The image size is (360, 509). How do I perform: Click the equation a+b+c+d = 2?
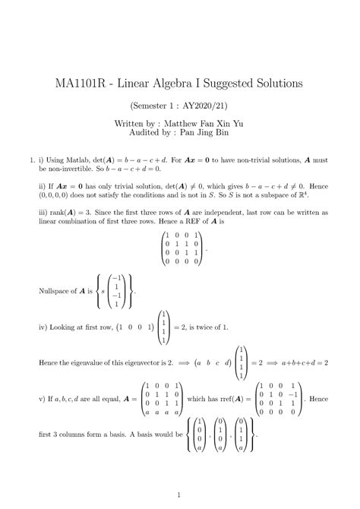tap(301, 363)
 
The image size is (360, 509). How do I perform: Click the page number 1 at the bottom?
tap(179, 492)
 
